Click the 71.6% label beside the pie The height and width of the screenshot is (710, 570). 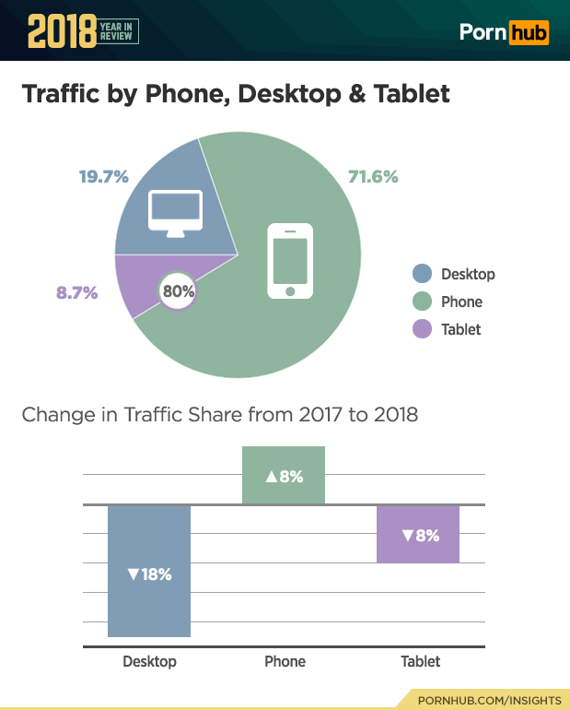tap(373, 176)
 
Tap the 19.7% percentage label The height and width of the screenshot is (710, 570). tap(103, 176)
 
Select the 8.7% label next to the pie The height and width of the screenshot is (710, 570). tap(77, 293)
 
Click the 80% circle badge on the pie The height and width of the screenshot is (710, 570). tap(178, 291)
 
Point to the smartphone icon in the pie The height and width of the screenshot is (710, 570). tap(290, 261)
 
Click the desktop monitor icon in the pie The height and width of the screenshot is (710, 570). tap(175, 212)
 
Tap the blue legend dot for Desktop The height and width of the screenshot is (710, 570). tap(422, 274)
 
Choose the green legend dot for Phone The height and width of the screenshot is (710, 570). tap(422, 302)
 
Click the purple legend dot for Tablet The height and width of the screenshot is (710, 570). tap(422, 329)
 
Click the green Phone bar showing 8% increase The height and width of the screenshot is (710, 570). tap(284, 476)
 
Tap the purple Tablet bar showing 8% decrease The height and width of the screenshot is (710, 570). tap(418, 534)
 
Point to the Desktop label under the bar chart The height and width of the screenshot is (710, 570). tap(149, 661)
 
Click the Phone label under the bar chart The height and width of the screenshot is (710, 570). tap(285, 661)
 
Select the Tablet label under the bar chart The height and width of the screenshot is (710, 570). tap(420, 661)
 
